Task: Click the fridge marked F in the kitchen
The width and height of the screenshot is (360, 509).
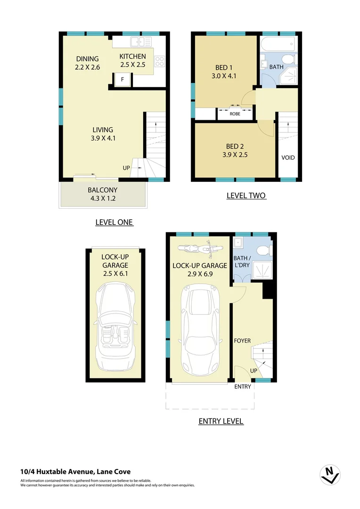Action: click(123, 80)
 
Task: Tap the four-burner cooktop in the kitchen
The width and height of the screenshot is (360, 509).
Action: click(160, 61)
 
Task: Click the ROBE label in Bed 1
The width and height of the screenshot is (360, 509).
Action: click(235, 114)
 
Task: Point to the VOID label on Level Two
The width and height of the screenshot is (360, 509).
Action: click(288, 157)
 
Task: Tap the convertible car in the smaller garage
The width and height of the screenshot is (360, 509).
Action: click(115, 327)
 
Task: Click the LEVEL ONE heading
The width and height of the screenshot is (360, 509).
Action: click(115, 222)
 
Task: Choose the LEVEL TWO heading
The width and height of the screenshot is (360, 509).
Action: click(246, 195)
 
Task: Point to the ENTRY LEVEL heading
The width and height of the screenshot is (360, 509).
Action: click(221, 421)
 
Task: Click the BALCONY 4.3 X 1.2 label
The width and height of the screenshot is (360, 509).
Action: click(102, 194)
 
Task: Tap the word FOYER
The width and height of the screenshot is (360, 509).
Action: click(242, 341)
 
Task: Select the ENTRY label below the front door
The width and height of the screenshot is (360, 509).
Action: click(243, 386)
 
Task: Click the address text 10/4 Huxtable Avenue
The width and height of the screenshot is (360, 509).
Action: click(75, 471)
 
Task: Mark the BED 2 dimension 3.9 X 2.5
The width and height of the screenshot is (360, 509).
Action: click(235, 154)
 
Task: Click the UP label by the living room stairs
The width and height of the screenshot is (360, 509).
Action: click(126, 168)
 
